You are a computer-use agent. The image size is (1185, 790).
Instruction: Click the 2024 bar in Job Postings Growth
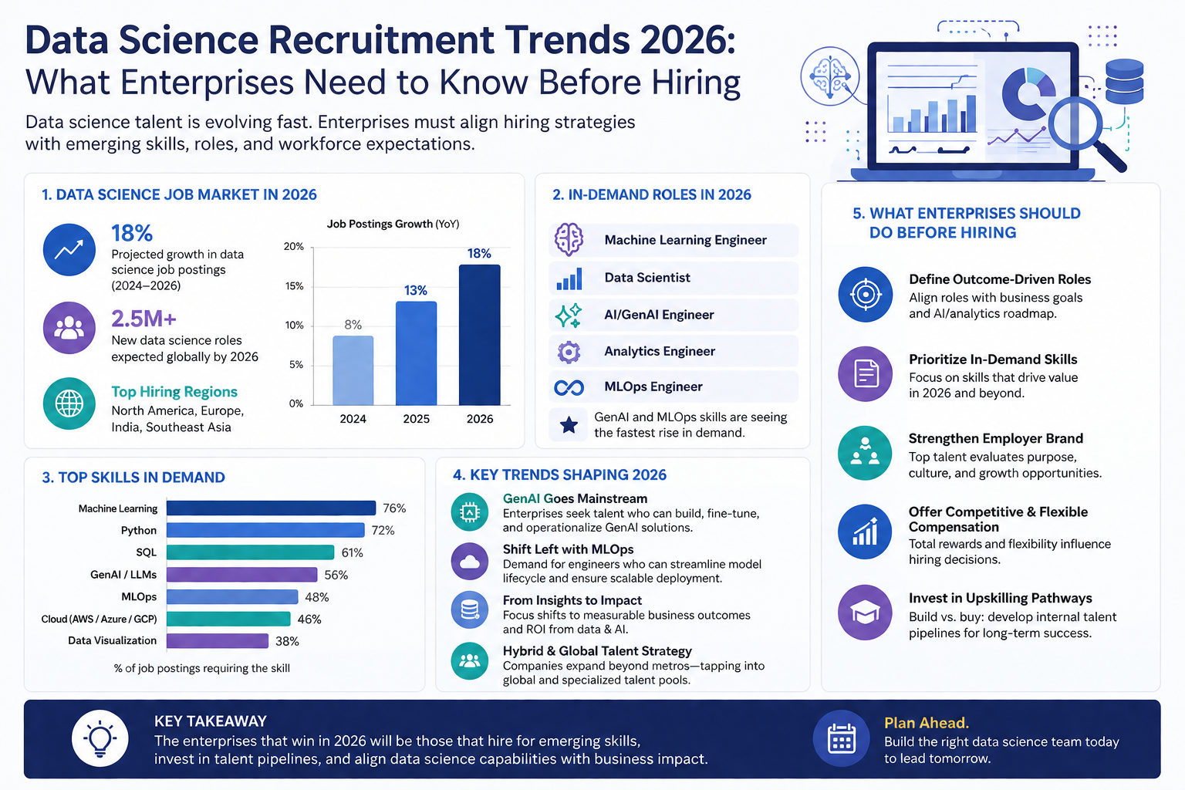pyautogui.click(x=353, y=370)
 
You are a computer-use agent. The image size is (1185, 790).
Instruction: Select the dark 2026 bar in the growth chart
pyautogui.click(x=479, y=335)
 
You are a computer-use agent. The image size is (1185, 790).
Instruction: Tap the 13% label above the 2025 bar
pyautogui.click(x=416, y=291)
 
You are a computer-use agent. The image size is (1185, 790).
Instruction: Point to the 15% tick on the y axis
pyautogui.click(x=294, y=286)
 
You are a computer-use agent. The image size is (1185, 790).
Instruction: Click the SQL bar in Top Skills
pyautogui.click(x=250, y=552)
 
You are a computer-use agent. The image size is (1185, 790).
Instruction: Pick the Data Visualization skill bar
pyautogui.click(x=218, y=641)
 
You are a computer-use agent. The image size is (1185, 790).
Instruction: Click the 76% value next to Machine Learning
pyautogui.click(x=394, y=508)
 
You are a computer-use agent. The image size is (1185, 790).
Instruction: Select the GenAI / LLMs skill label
pyautogui.click(x=123, y=575)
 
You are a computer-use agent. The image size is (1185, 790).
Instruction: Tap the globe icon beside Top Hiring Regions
pyautogui.click(x=69, y=403)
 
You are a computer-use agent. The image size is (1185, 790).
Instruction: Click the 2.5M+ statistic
pyautogui.click(x=143, y=319)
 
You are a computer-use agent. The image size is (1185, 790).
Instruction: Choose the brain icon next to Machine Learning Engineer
pyautogui.click(x=569, y=240)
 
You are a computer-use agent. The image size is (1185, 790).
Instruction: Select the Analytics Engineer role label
pyautogui.click(x=660, y=351)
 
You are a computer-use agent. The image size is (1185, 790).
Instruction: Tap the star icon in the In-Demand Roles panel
pyautogui.click(x=569, y=425)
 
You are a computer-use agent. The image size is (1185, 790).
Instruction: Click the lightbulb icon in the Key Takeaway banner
pyautogui.click(x=100, y=738)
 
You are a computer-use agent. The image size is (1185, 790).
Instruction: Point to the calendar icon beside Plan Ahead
pyautogui.click(x=841, y=738)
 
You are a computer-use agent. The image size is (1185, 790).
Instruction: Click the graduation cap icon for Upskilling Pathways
pyautogui.click(x=865, y=613)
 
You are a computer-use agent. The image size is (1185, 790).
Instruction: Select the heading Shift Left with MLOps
pyautogui.click(x=568, y=549)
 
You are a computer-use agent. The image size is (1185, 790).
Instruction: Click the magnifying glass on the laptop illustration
pyautogui.click(x=1085, y=132)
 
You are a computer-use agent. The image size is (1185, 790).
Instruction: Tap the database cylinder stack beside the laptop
pyautogui.click(x=1124, y=81)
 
